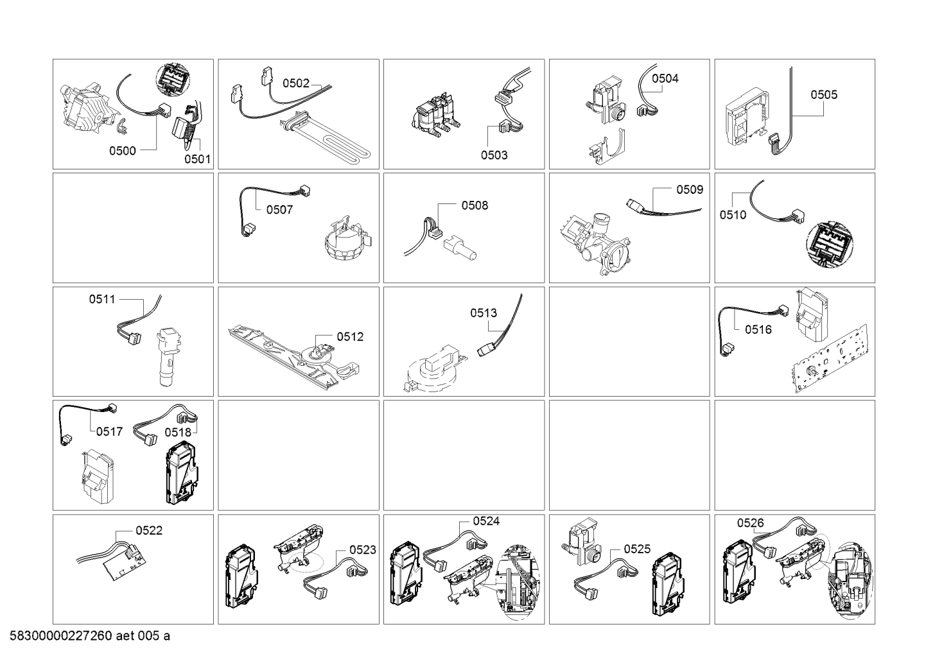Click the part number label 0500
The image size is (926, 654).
[x=123, y=151]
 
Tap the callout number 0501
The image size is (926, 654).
[x=197, y=159]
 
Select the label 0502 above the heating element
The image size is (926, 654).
[x=296, y=83]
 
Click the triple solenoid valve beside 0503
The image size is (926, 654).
[x=436, y=115]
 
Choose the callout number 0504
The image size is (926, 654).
[x=665, y=78]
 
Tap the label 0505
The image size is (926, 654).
[x=824, y=95]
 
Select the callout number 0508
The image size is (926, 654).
[x=475, y=206]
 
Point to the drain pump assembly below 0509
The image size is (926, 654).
[x=595, y=244]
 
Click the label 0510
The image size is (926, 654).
[x=733, y=215]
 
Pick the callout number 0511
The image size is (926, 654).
[x=102, y=300]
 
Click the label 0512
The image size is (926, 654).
[x=350, y=337]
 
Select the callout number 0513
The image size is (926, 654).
[x=484, y=314]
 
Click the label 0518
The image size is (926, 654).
[x=178, y=433]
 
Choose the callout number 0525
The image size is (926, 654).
[x=637, y=549]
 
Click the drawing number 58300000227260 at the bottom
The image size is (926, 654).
[x=60, y=636]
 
